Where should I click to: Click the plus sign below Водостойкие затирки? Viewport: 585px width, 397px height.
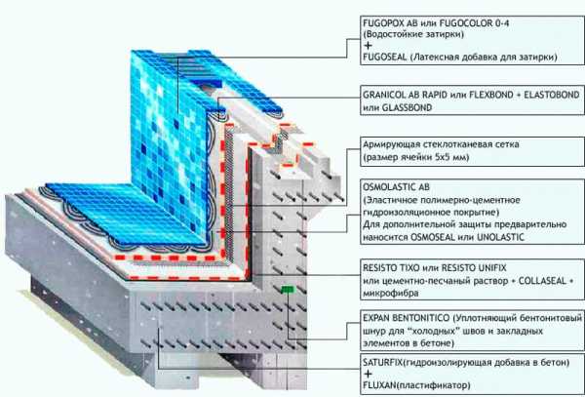pos(369,46)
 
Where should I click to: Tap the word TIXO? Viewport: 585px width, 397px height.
pos(409,268)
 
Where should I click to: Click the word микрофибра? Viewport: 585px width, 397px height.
pos(391,294)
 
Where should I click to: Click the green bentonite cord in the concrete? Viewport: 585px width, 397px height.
pos(288,289)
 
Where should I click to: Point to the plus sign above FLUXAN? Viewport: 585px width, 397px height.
pos(369,374)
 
